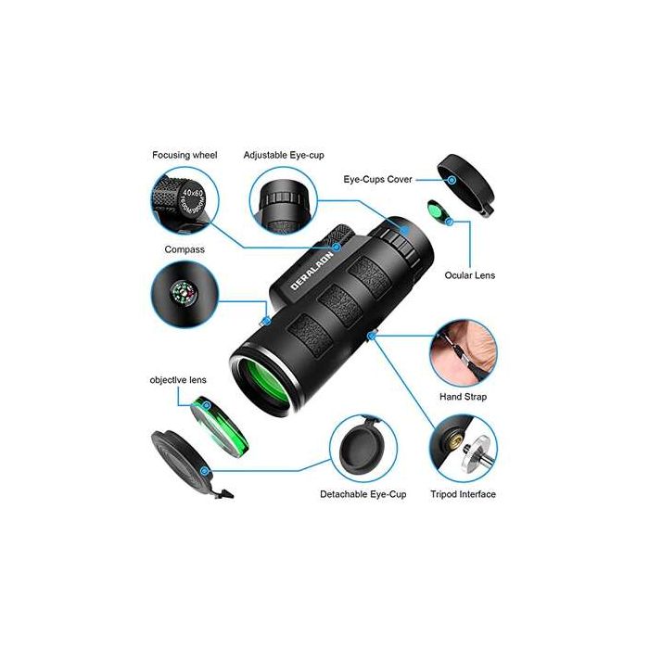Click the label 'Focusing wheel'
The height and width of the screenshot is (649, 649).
185,155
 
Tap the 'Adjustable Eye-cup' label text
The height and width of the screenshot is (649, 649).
284,155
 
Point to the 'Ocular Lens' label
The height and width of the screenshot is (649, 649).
472,275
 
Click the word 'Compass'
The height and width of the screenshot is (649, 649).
185,249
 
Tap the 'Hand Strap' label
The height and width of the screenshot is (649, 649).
463,397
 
